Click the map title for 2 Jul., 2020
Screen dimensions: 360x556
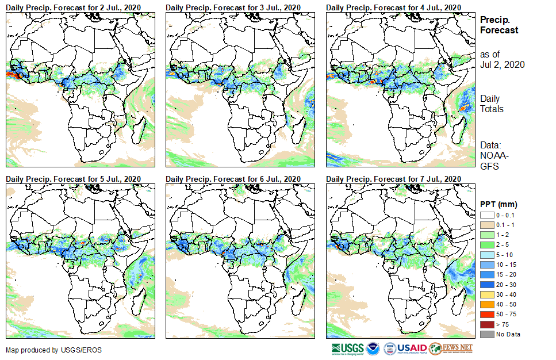click(x=73, y=7)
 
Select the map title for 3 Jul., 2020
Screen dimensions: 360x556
click(x=233, y=7)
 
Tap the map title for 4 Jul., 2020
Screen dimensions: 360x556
click(x=393, y=7)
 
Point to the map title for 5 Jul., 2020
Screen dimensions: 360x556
click(x=73, y=179)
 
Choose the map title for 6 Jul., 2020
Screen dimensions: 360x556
click(x=233, y=179)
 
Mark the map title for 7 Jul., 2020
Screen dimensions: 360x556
click(x=393, y=179)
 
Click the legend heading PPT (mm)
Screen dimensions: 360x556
click(x=499, y=204)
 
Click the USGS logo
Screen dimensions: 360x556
click(x=347, y=348)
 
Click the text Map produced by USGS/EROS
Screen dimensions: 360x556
click(x=40, y=350)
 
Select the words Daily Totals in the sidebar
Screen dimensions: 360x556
click(x=492, y=104)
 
